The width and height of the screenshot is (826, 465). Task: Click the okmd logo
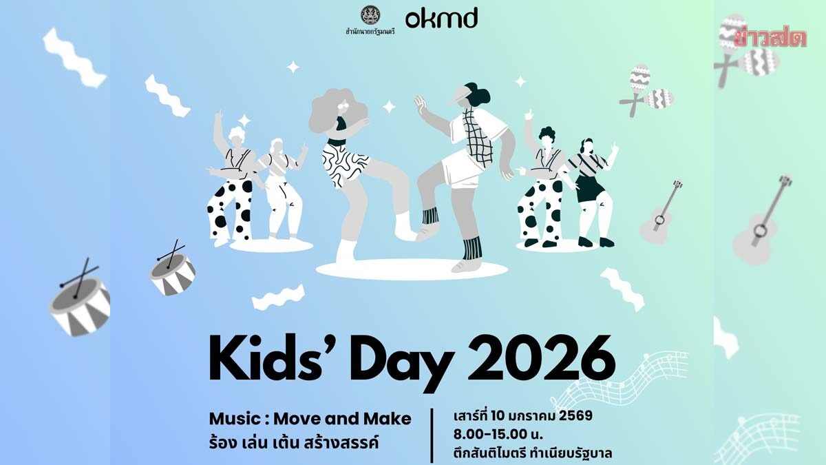point(441,19)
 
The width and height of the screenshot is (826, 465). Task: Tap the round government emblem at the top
point(370,15)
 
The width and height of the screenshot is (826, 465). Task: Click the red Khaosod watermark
point(770,38)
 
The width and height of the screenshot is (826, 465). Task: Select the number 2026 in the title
point(541,358)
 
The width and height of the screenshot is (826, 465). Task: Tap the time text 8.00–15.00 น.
point(498,435)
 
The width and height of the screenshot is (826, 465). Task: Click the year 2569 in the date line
point(575,416)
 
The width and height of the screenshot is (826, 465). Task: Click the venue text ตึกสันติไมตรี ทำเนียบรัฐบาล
point(533,453)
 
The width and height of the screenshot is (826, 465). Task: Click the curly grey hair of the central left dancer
point(338,111)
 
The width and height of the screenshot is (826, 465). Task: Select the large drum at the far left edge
point(80,299)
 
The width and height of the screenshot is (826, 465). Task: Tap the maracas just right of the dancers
point(646,91)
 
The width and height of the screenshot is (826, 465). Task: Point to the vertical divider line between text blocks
point(432,436)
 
